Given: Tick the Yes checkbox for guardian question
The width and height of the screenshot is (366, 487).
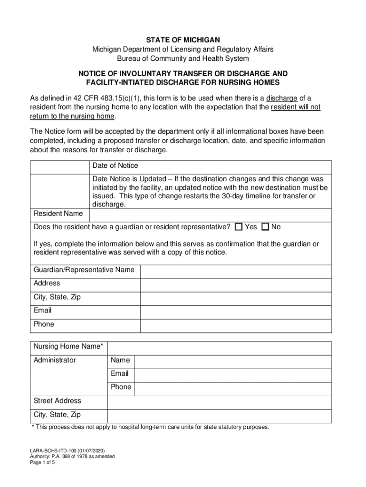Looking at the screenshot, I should pos(239,227).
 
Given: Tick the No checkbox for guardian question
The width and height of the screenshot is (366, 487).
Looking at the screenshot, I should pos(266,227).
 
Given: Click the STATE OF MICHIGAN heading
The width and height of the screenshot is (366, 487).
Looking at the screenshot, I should pos(183,39).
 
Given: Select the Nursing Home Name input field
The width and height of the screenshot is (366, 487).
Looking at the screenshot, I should pos(219,347).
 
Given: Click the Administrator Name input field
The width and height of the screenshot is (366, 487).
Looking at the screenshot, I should pos(232,361).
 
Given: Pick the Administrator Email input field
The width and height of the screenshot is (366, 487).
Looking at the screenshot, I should pos(232,374).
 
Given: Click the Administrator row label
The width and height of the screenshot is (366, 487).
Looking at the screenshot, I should pos(55,360).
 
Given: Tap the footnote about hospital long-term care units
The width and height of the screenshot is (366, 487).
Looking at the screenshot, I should pos(150,427).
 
